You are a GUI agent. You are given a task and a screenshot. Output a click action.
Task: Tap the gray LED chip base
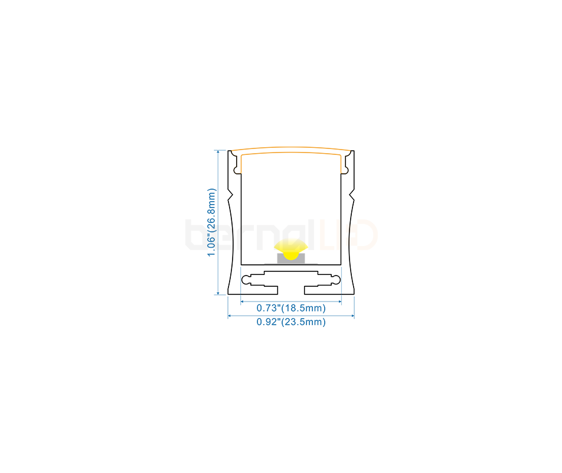click(x=291, y=258)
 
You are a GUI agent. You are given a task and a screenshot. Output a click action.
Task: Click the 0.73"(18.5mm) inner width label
click(x=291, y=308)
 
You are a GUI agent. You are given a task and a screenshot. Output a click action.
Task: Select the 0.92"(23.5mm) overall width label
click(x=291, y=322)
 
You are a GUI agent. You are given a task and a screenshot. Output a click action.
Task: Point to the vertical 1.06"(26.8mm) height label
click(x=212, y=222)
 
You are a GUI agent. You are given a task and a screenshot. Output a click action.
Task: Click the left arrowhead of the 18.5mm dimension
click(x=242, y=302)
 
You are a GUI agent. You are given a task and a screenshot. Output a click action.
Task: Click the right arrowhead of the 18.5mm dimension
click(x=339, y=302)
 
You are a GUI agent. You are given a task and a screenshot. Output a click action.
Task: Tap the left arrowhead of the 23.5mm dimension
click(x=230, y=316)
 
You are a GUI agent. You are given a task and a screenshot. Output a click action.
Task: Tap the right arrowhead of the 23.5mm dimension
click(x=352, y=316)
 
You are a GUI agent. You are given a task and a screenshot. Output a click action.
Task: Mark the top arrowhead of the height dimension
click(x=218, y=152)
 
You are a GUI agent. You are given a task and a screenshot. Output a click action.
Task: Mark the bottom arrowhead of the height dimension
click(x=218, y=293)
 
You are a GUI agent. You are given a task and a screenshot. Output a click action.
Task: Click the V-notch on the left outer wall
click(x=230, y=196)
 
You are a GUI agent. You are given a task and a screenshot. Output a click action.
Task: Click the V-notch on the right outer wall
click(x=352, y=196)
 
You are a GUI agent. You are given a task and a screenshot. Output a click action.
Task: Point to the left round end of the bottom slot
click(x=247, y=280)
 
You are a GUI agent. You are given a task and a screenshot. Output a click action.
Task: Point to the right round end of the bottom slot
click(x=336, y=280)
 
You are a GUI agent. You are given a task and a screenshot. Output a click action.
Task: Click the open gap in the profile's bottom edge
click(x=291, y=290)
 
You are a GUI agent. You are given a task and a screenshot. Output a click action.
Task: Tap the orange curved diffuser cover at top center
click(x=291, y=150)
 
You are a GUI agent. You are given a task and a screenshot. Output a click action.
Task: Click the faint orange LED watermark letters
click(x=348, y=235)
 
